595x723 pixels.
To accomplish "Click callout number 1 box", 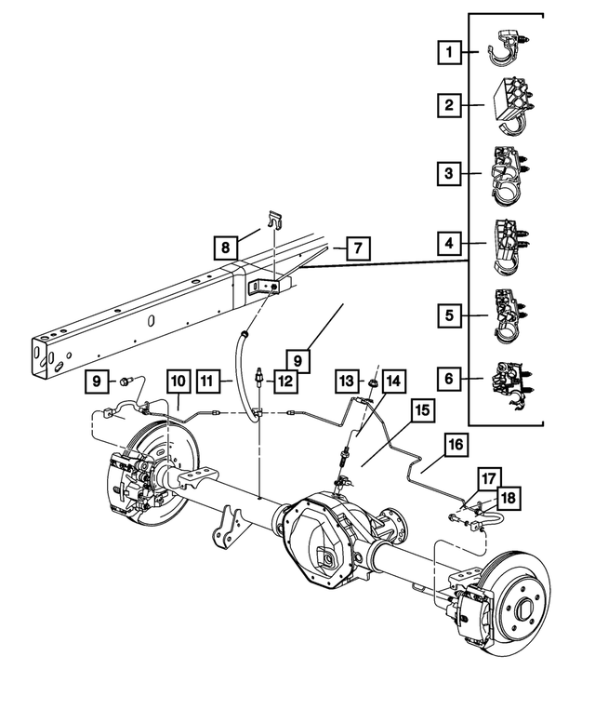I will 450,53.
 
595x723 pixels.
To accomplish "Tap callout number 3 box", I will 450,172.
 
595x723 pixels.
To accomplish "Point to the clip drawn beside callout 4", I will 509,245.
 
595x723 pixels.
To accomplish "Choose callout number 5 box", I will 450,315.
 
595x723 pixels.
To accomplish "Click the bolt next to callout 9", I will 127,380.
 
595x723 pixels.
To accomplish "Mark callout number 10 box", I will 178,381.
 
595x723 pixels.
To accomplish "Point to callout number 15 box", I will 421,409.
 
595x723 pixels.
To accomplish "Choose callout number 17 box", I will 489,480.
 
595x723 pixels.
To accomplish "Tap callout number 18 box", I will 508,499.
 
